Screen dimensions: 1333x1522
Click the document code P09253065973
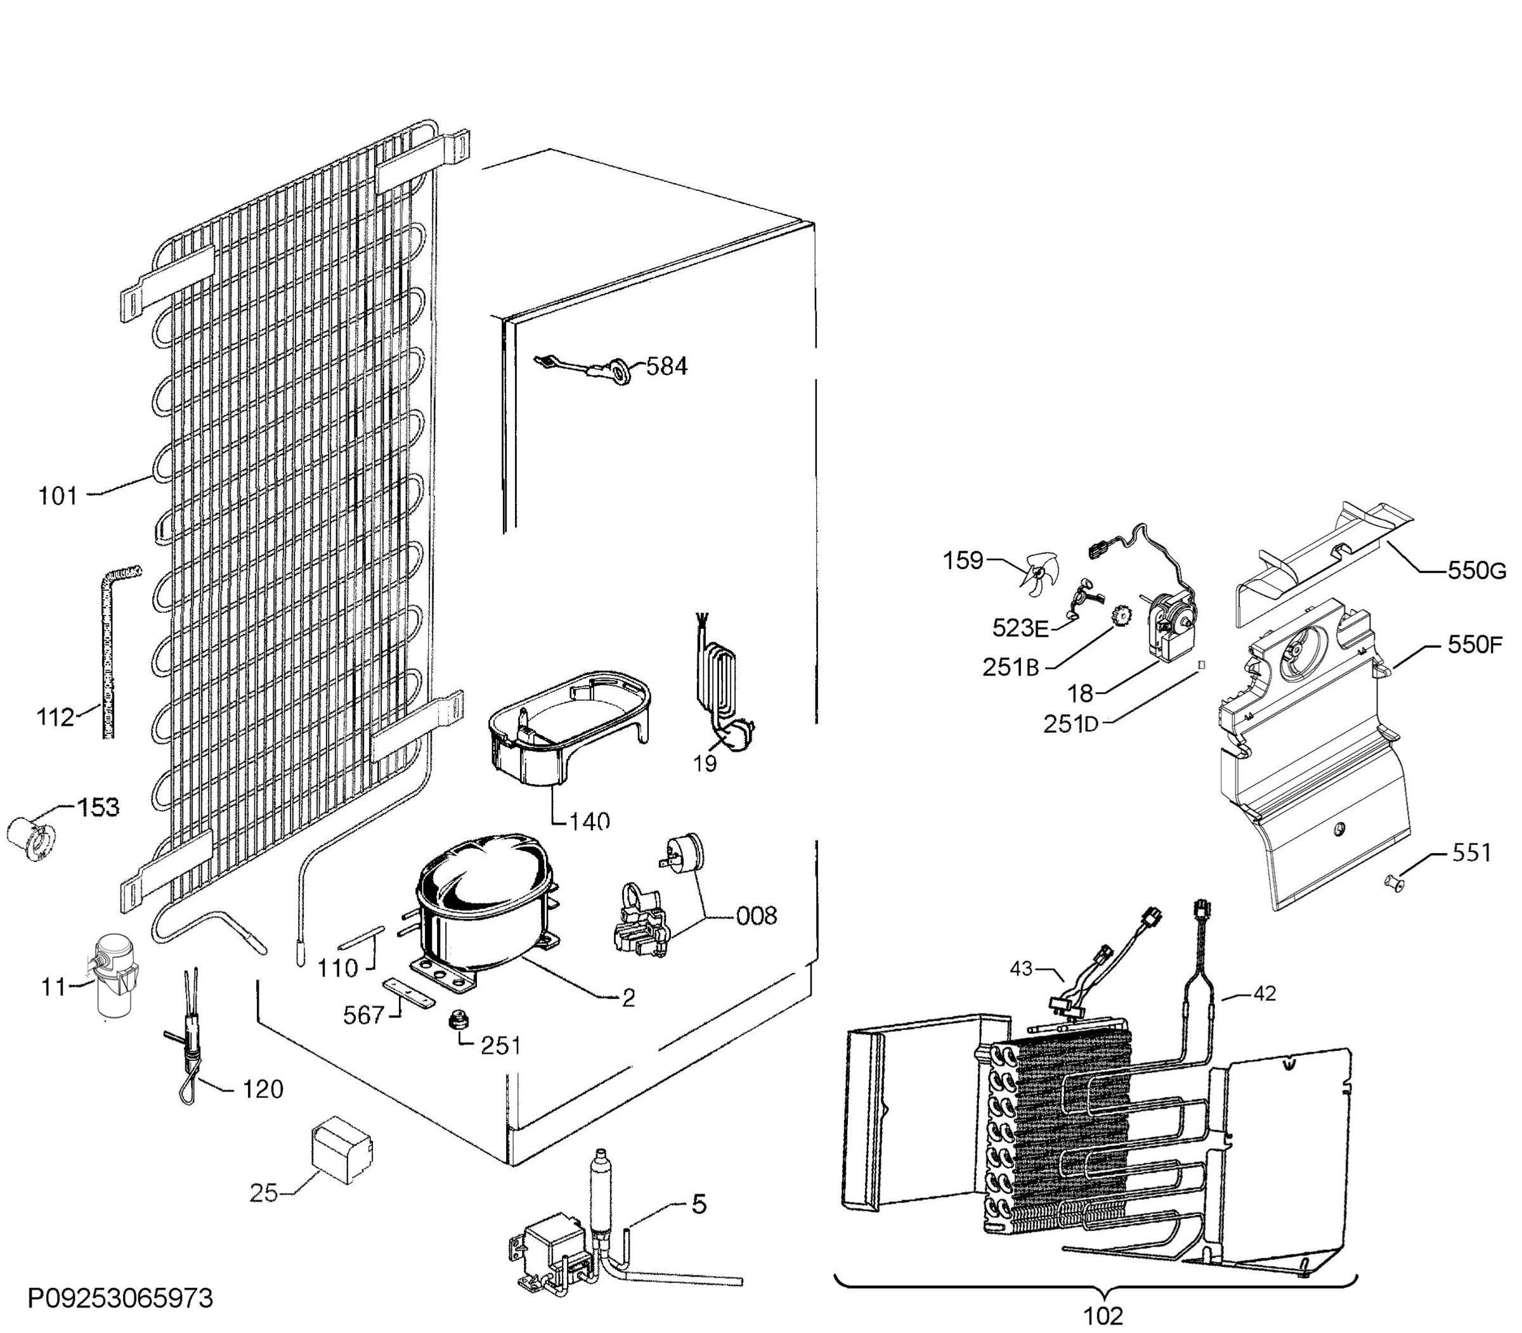(x=120, y=1298)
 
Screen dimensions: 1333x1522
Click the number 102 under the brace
(x=1102, y=1316)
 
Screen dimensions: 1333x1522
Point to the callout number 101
(x=58, y=496)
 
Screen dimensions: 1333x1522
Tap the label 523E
(x=1020, y=629)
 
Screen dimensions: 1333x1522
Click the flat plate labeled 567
(x=408, y=994)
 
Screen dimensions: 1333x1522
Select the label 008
(x=756, y=916)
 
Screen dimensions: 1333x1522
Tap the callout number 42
(x=1265, y=993)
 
